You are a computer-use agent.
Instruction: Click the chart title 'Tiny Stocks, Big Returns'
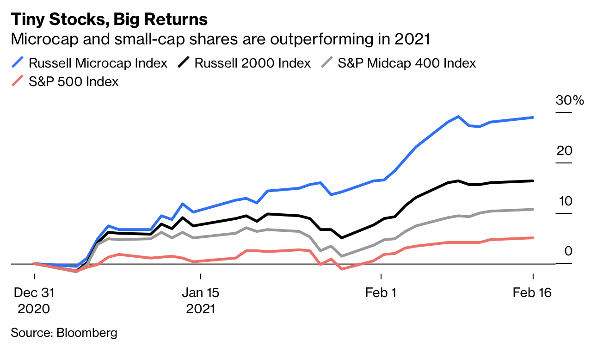[109, 19]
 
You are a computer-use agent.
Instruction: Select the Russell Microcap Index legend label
[98, 63]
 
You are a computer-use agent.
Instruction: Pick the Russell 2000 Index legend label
[252, 63]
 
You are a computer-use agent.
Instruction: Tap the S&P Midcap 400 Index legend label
[406, 63]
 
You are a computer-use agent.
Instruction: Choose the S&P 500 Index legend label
[74, 81]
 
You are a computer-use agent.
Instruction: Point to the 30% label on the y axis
[570, 101]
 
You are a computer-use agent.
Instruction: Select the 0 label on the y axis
[568, 251]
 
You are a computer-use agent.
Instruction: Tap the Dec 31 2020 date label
[34, 300]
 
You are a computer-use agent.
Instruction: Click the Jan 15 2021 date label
[200, 300]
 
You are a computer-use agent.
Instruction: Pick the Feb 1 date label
[382, 293]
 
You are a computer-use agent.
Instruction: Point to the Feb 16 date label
[533, 293]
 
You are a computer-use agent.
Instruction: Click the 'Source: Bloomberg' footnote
[64, 332]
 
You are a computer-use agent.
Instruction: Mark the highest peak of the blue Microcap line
[458, 117]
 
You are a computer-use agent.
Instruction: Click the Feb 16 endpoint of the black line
[533, 180]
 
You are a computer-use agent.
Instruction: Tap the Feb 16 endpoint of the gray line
[533, 209]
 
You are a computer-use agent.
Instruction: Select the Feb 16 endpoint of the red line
[533, 238]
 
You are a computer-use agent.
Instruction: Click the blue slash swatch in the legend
[18, 63]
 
